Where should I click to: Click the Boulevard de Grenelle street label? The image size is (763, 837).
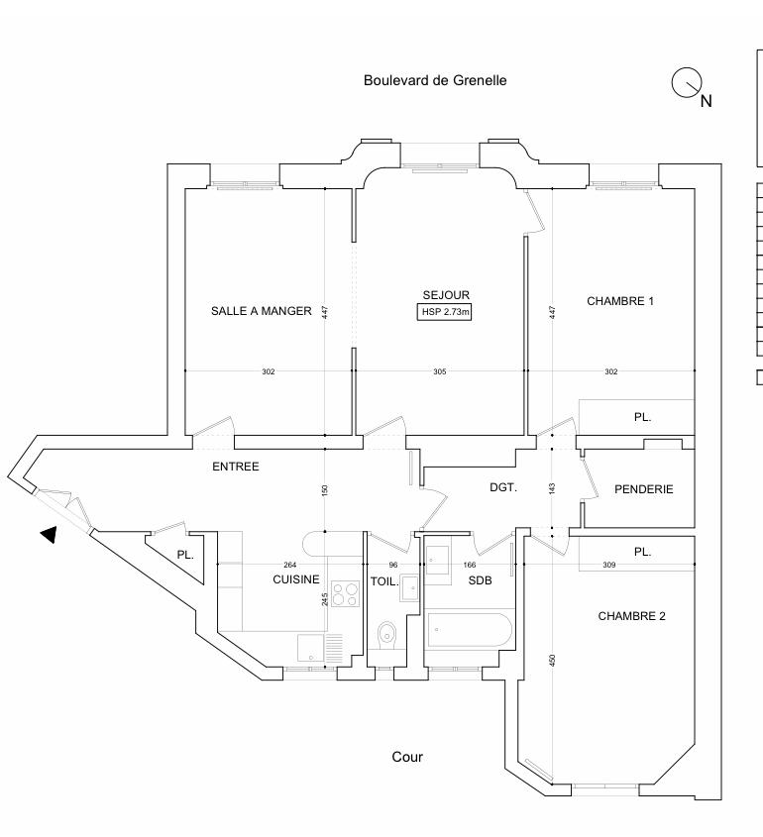[435, 80]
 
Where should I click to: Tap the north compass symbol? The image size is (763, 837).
[688, 84]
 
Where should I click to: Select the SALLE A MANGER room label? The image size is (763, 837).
[262, 311]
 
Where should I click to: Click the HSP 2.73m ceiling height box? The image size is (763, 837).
[446, 313]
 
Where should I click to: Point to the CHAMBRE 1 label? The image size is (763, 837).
[620, 301]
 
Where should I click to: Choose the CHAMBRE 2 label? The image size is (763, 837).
[631, 616]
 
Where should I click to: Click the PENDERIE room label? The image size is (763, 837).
[644, 489]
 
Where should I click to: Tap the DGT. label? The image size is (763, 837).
[503, 487]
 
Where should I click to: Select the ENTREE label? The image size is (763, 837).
[236, 467]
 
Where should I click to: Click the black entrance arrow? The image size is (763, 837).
[48, 535]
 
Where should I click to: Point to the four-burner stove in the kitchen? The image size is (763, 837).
[345, 593]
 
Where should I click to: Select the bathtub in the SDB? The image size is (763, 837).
[469, 628]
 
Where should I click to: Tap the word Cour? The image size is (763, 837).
[407, 757]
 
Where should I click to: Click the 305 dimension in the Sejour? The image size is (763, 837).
[440, 371]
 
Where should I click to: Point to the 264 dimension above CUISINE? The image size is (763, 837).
[290, 566]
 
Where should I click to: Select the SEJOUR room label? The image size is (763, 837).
[446, 295]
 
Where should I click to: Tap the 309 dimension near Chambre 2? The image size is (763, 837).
[610, 566]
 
